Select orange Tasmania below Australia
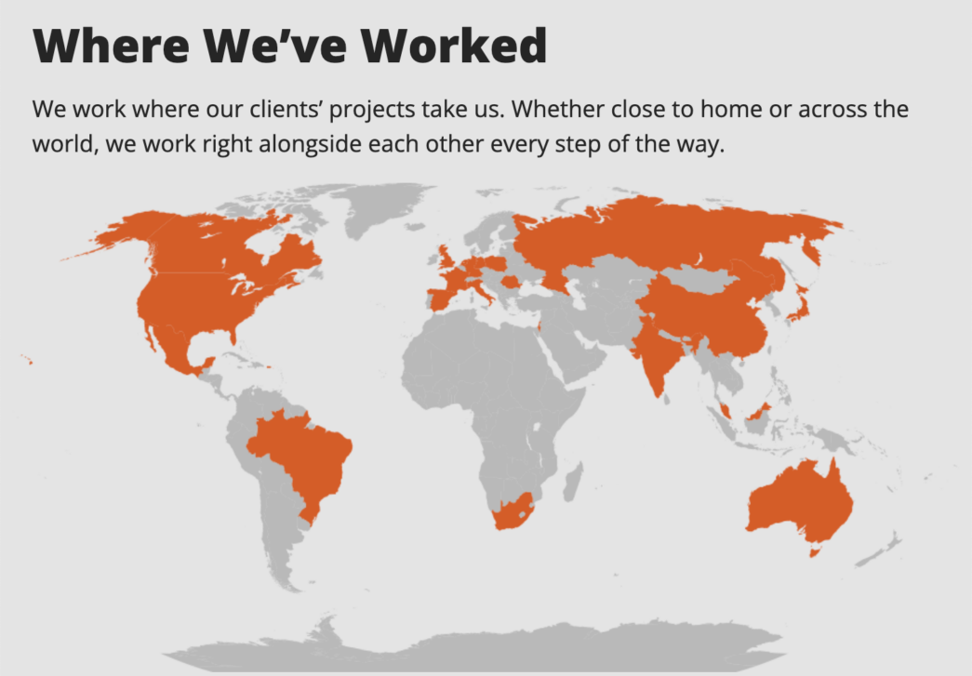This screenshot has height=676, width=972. pyautogui.click(x=816, y=552)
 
